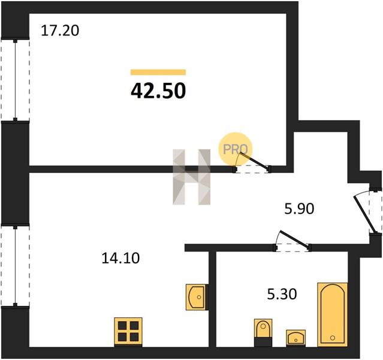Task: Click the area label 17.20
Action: click(x=60, y=31)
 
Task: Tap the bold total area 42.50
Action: click(x=158, y=91)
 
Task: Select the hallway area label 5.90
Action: click(x=299, y=209)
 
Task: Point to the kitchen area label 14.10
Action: click(x=120, y=258)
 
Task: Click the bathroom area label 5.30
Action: click(x=282, y=294)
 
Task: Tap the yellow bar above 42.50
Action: click(x=158, y=72)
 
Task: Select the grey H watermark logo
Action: click(x=192, y=177)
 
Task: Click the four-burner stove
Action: click(x=128, y=332)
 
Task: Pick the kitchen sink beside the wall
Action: click(x=197, y=297)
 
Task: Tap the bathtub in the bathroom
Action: click(x=333, y=315)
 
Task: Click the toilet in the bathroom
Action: click(x=263, y=332)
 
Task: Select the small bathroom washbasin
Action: click(x=296, y=338)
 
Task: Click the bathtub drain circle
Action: click(x=333, y=338)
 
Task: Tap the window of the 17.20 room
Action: click(x=16, y=80)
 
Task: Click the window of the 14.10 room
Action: click(x=16, y=265)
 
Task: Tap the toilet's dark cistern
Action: click(x=263, y=342)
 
